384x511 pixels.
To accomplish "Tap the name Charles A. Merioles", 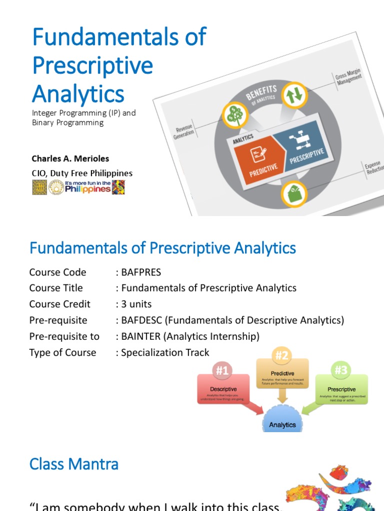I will pyautogui.click(x=70, y=159).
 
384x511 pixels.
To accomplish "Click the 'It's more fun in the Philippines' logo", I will pyautogui.click(x=88, y=187).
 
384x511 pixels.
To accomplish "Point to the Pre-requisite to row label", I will pyautogui.click(x=64, y=336).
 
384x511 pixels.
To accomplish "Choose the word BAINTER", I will pyautogui.click(x=141, y=336).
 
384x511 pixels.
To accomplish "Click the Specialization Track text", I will pyautogui.click(x=164, y=352).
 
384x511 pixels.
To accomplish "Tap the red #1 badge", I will pyautogui.click(x=222, y=370).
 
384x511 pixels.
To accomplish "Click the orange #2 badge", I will pyautogui.click(x=282, y=355).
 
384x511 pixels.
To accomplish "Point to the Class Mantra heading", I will pyautogui.click(x=74, y=464).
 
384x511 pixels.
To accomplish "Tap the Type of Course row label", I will pyautogui.click(x=62, y=352).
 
